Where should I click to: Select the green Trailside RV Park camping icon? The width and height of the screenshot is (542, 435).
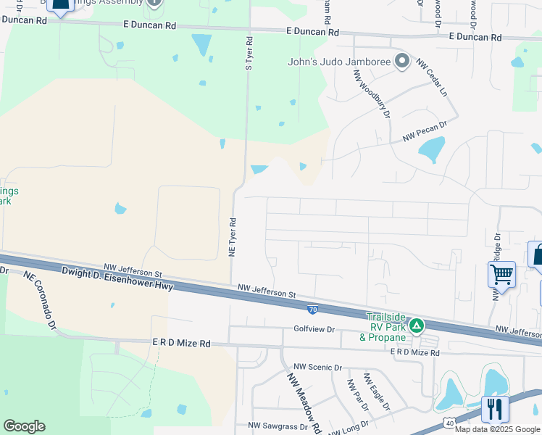[x=416, y=326]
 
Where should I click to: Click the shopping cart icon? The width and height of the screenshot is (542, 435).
[x=501, y=275]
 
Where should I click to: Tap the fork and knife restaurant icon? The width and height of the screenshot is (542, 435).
[x=494, y=408]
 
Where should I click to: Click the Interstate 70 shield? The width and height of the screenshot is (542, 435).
[x=312, y=310]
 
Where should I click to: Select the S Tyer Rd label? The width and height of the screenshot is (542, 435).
[x=248, y=54]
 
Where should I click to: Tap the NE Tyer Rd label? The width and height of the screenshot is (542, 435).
[x=233, y=236]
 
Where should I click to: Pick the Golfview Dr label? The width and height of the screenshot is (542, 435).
[x=314, y=329]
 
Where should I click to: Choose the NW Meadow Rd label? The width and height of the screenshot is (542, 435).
[x=304, y=403]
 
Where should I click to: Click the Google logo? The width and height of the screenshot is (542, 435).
[x=24, y=426]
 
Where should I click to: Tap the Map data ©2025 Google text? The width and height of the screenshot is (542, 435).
[x=497, y=428]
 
